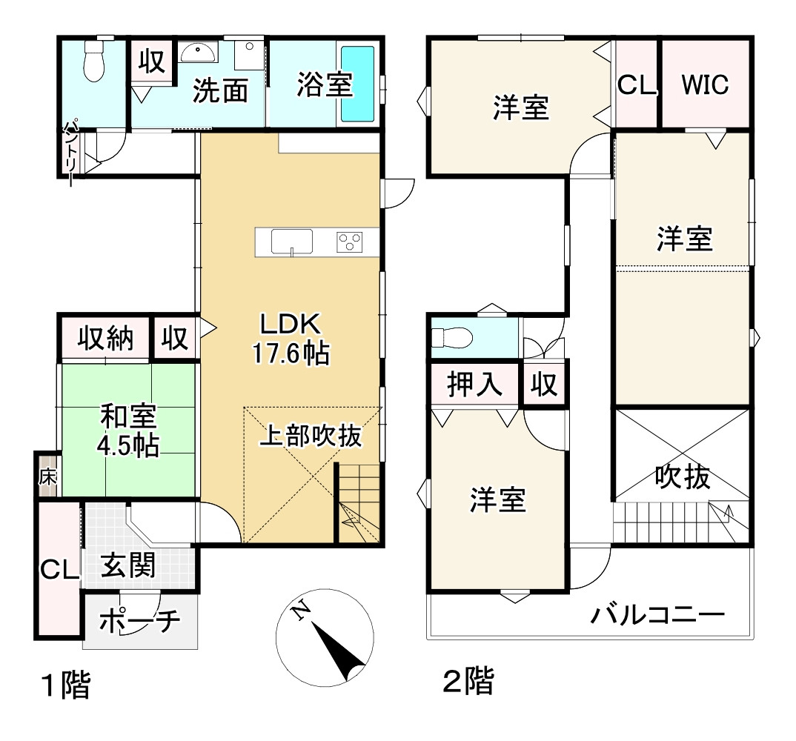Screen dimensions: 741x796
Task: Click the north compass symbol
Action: tap(324, 636)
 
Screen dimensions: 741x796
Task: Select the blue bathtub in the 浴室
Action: tap(358, 83)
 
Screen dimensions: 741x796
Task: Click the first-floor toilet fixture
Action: tap(93, 61)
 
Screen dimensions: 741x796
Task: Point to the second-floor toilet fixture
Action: tap(453, 337)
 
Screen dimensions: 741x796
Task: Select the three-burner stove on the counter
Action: tap(351, 241)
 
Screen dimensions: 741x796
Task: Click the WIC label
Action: tap(705, 85)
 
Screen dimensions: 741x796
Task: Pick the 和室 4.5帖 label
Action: tap(128, 430)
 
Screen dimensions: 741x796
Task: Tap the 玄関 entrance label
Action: tap(128, 567)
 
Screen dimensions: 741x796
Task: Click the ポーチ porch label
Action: tap(139, 621)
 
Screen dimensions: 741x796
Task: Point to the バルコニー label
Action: tap(657, 615)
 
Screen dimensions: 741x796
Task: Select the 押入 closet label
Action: tap(475, 385)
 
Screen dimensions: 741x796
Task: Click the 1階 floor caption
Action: tap(65, 685)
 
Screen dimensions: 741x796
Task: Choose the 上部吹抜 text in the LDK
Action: tap(310, 436)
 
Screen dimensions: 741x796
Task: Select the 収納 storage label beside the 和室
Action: tap(106, 339)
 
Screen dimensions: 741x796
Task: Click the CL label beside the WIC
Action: tap(637, 86)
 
